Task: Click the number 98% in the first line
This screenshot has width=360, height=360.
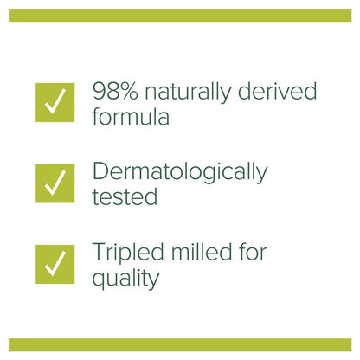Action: pyautogui.click(x=116, y=91)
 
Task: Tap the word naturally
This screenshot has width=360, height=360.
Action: pyautogui.click(x=189, y=91)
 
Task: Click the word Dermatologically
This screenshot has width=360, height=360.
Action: pyautogui.click(x=179, y=172)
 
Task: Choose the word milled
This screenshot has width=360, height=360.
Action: pyautogui.click(x=204, y=254)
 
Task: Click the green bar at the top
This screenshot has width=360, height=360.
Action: pyautogui.click(x=180, y=15)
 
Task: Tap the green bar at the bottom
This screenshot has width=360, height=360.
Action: pyautogui.click(x=180, y=344)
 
